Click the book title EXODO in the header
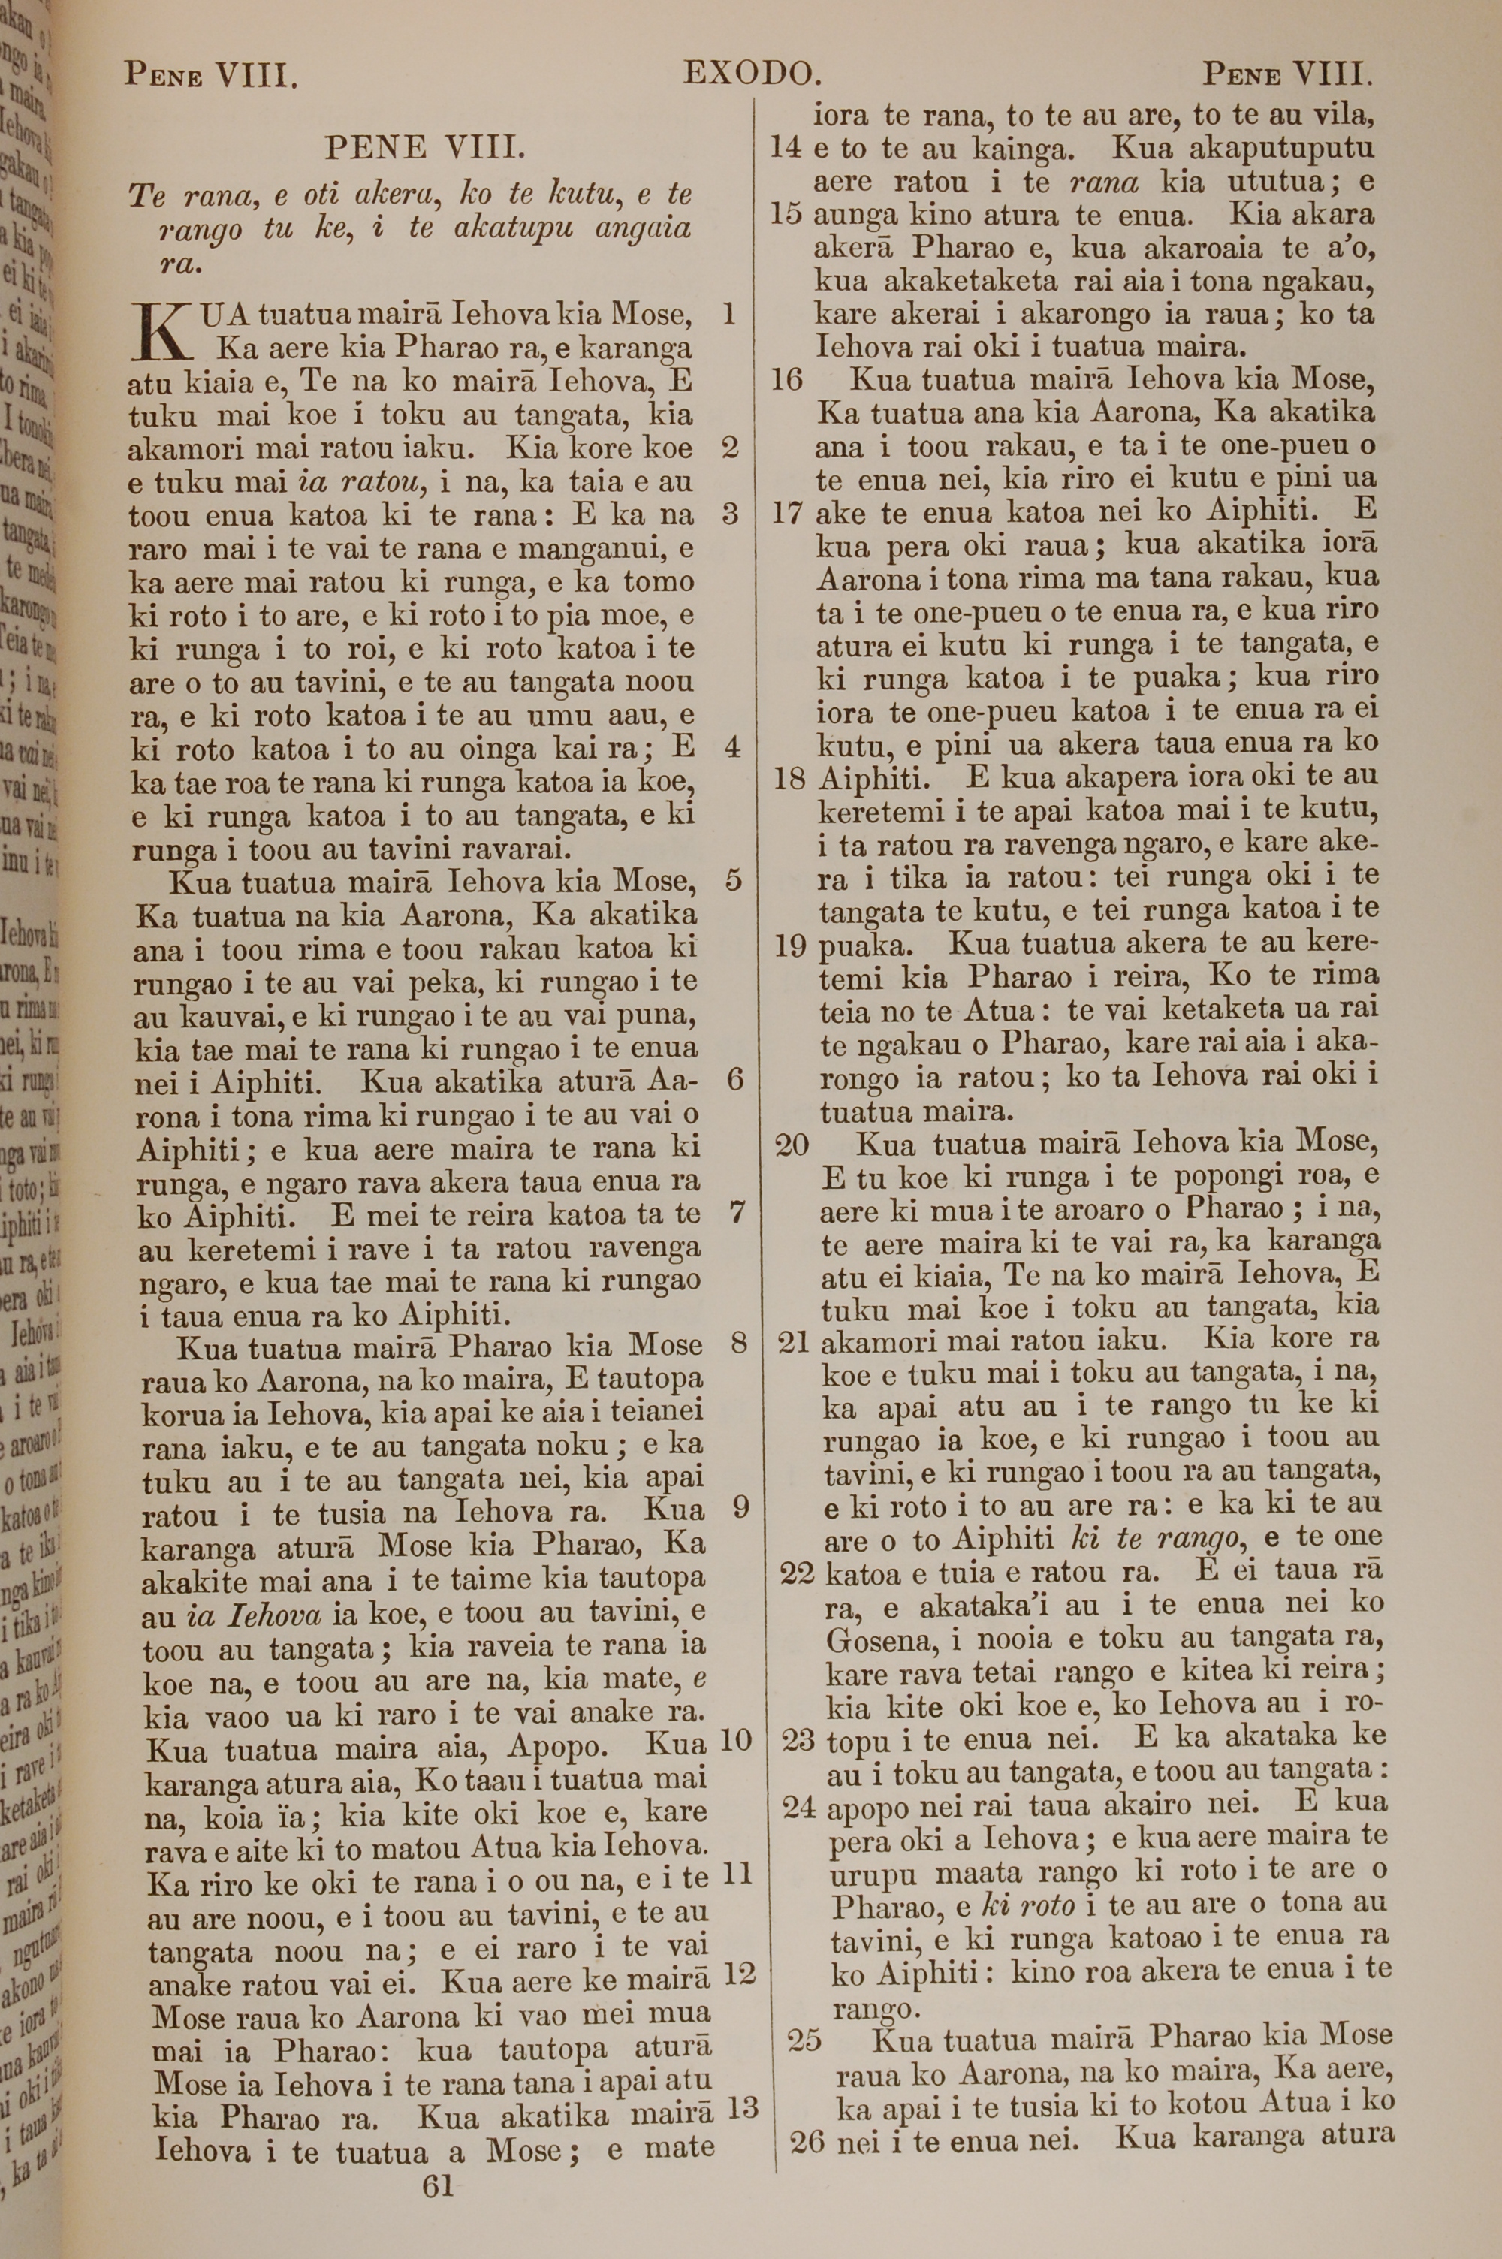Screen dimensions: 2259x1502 point(752,74)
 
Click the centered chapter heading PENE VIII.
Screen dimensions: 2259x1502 point(424,149)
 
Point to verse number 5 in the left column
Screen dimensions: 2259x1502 point(734,879)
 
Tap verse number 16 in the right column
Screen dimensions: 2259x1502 point(786,380)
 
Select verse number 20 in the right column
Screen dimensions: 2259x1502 point(792,1145)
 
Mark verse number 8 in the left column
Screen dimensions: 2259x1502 point(738,1343)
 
